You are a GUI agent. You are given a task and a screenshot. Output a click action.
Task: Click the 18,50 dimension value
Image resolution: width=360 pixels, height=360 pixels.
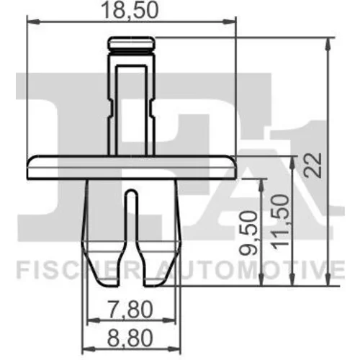pyautogui.click(x=130, y=11)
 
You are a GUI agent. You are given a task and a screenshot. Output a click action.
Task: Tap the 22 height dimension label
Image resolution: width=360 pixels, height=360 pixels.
pyautogui.click(x=312, y=165)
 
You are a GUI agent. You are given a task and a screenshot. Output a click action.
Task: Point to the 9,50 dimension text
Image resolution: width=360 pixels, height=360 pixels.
pyautogui.click(x=249, y=233)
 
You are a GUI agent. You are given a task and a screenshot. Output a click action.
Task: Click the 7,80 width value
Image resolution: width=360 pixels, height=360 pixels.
pyautogui.click(x=130, y=310)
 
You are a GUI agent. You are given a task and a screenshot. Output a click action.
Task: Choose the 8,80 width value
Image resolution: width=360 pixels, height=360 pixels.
pyautogui.click(x=130, y=338)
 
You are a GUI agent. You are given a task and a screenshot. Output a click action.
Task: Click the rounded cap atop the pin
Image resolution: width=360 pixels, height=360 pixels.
pyautogui.click(x=131, y=43)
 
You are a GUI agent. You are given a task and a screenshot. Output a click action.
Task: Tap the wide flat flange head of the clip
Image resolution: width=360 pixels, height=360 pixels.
pyautogui.click(x=132, y=167)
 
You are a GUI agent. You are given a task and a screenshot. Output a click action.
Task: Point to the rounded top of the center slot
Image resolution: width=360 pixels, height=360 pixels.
pyautogui.click(x=131, y=192)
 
